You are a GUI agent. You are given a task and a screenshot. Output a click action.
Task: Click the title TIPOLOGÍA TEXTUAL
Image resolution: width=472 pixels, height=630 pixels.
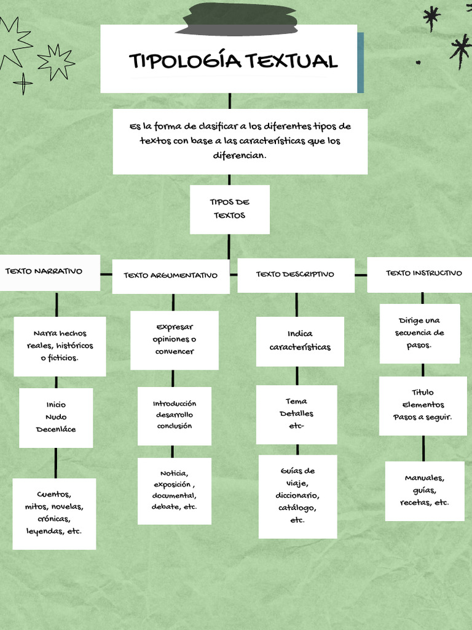point(233,61)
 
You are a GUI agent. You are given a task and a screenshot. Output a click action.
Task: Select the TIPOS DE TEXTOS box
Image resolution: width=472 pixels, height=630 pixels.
point(229,209)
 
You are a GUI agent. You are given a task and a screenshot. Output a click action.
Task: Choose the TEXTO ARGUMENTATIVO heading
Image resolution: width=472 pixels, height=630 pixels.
point(170,275)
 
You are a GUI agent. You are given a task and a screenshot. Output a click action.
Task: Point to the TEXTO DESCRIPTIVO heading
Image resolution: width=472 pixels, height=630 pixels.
point(295,274)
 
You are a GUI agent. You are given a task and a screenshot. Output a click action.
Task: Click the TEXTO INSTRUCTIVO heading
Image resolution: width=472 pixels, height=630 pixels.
point(423,273)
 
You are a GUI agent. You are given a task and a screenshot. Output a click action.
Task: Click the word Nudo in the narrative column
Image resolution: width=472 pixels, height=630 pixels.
point(56,417)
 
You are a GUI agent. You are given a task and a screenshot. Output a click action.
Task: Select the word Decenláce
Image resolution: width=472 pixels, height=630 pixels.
point(56,429)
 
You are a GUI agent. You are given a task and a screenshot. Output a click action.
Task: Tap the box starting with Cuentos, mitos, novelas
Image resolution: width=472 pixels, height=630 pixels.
point(54,512)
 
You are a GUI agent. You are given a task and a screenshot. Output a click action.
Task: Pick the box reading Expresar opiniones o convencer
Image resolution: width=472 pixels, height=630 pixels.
point(175,339)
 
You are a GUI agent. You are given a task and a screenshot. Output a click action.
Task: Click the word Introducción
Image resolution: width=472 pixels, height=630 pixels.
point(175,404)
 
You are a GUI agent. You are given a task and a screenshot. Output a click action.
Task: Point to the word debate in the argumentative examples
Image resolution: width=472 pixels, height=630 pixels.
point(164,506)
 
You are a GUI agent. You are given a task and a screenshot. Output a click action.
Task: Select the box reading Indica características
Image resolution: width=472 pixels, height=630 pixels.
point(300,341)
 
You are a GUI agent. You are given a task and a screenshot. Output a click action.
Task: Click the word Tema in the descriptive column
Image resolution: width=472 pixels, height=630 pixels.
point(296,401)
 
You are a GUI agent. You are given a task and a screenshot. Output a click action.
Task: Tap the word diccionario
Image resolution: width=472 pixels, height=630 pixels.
point(297,495)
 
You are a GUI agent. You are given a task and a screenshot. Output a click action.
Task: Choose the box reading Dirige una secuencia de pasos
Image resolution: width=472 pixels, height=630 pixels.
point(420,333)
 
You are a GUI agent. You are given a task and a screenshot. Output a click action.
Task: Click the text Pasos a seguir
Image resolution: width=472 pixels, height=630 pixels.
point(422,417)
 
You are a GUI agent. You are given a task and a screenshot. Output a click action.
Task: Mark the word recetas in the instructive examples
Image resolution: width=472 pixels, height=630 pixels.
point(415,502)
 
